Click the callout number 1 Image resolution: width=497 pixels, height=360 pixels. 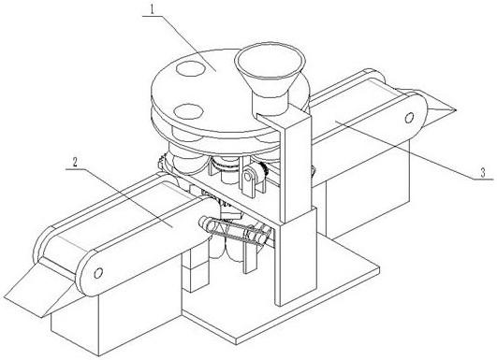(153, 9)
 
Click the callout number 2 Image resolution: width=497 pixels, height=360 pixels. (75, 163)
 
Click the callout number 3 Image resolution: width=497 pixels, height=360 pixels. (483, 173)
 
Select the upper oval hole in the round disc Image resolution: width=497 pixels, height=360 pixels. (190, 68)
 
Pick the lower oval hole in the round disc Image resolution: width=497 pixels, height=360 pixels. (188, 111)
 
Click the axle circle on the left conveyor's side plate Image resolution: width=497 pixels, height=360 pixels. (98, 273)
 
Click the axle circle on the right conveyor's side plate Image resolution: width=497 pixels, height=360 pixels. (409, 118)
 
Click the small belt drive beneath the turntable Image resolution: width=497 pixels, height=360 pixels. (235, 231)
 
